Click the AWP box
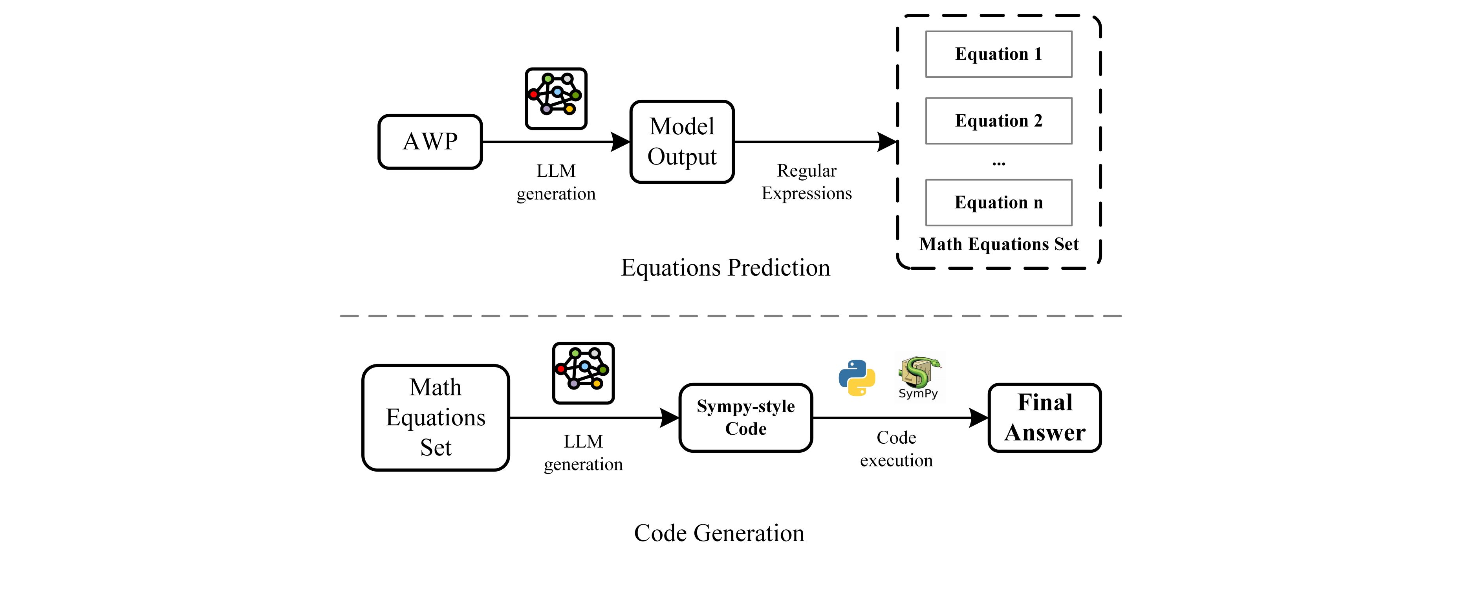click(430, 142)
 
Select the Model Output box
click(682, 142)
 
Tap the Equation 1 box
click(998, 54)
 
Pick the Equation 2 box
click(998, 121)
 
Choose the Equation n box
click(998, 203)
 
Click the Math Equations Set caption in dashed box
click(998, 244)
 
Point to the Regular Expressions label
click(807, 182)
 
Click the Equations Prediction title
click(725, 268)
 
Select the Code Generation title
click(719, 533)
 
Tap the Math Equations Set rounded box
click(436, 417)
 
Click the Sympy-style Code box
click(745, 417)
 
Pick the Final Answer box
click(1044, 417)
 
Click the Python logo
click(857, 378)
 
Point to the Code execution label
click(896, 449)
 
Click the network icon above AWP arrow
click(556, 99)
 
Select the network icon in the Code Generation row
click(583, 373)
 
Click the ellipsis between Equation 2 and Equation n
click(998, 163)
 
